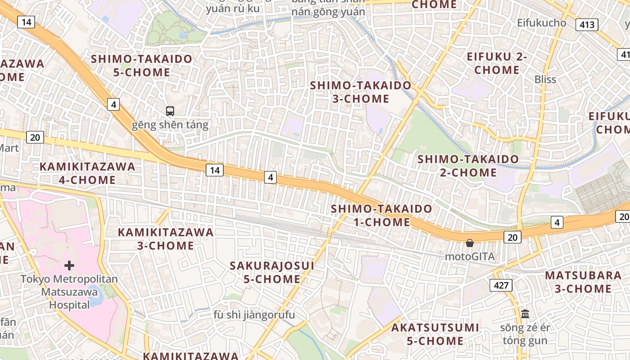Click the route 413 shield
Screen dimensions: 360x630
[587, 25]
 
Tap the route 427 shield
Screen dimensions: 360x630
[501, 285]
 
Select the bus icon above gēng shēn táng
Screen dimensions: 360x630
[170, 111]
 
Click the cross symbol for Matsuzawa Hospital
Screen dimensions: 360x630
[69, 265]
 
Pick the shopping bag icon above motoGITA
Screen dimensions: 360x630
[470, 243]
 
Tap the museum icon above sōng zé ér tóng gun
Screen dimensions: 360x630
[525, 314]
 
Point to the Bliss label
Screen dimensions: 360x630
[545, 80]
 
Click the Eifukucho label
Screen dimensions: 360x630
[541, 22]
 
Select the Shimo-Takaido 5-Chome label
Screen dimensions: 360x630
[142, 65]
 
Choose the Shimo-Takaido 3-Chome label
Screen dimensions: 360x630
[361, 92]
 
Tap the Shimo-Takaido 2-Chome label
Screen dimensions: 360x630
[468, 166]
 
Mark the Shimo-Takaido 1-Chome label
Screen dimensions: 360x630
[382, 215]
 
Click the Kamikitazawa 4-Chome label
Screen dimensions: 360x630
[87, 173]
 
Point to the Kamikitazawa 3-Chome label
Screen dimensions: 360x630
[166, 239]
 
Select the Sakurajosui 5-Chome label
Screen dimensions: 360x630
[272, 272]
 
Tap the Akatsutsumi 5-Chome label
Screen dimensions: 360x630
[435, 334]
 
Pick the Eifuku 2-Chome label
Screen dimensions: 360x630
[497, 63]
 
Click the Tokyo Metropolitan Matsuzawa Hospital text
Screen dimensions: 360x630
[69, 292]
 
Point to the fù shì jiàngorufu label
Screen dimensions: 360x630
[254, 315]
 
